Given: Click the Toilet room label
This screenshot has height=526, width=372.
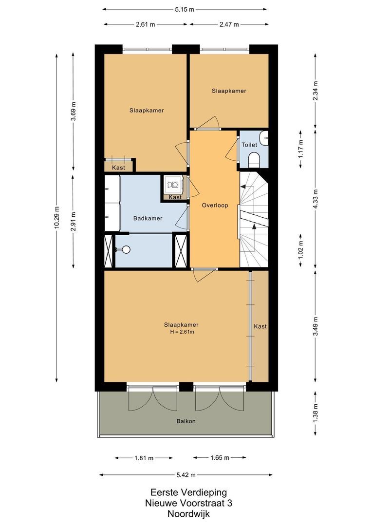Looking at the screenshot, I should tap(249, 145).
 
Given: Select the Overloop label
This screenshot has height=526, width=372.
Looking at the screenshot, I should tap(215, 206).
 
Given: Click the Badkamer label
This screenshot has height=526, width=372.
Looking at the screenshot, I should tap(148, 218).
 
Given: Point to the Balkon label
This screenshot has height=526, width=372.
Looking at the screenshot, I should tap(186, 421).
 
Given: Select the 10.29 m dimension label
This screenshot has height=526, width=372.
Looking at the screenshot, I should tap(57, 218).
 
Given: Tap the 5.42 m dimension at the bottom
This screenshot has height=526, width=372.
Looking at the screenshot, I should tap(186, 475).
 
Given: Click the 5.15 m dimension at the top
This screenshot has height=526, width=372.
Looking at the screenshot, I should tap(186, 9).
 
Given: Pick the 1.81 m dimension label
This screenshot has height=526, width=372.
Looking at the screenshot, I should tap(144, 458).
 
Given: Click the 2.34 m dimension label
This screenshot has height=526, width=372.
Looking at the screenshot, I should tap(316, 90).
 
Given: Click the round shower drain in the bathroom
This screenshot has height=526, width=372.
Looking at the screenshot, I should tap(127, 249).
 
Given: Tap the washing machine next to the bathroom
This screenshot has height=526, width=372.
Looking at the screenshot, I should tap(172, 184).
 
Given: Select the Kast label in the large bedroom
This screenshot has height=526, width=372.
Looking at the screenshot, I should tap(260, 326).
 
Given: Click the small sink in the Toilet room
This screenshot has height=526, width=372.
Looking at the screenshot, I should tap(264, 137).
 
